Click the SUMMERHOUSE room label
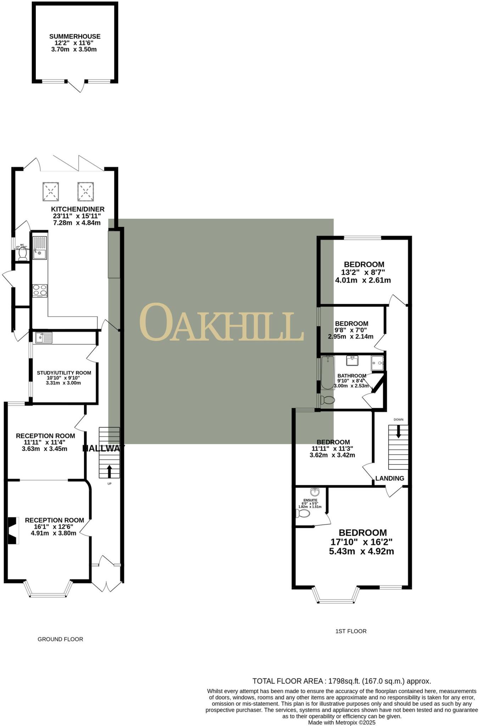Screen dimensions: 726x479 [75, 37]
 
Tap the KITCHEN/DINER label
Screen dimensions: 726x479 [78, 209]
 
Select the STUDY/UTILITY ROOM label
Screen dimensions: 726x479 [64, 373]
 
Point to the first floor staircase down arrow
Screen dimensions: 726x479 [399, 431]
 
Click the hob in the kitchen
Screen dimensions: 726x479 [40, 290]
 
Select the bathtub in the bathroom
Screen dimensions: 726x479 [328, 372]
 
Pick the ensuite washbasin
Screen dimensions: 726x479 [314, 492]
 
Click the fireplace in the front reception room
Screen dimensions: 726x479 [13, 531]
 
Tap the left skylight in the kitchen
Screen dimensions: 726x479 [51, 191]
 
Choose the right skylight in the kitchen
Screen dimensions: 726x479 [85, 191]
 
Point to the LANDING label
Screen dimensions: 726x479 [390, 479]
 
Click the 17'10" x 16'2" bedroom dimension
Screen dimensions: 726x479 [361, 542]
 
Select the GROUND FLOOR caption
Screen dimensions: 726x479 [60, 639]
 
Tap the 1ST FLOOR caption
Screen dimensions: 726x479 [351, 631]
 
